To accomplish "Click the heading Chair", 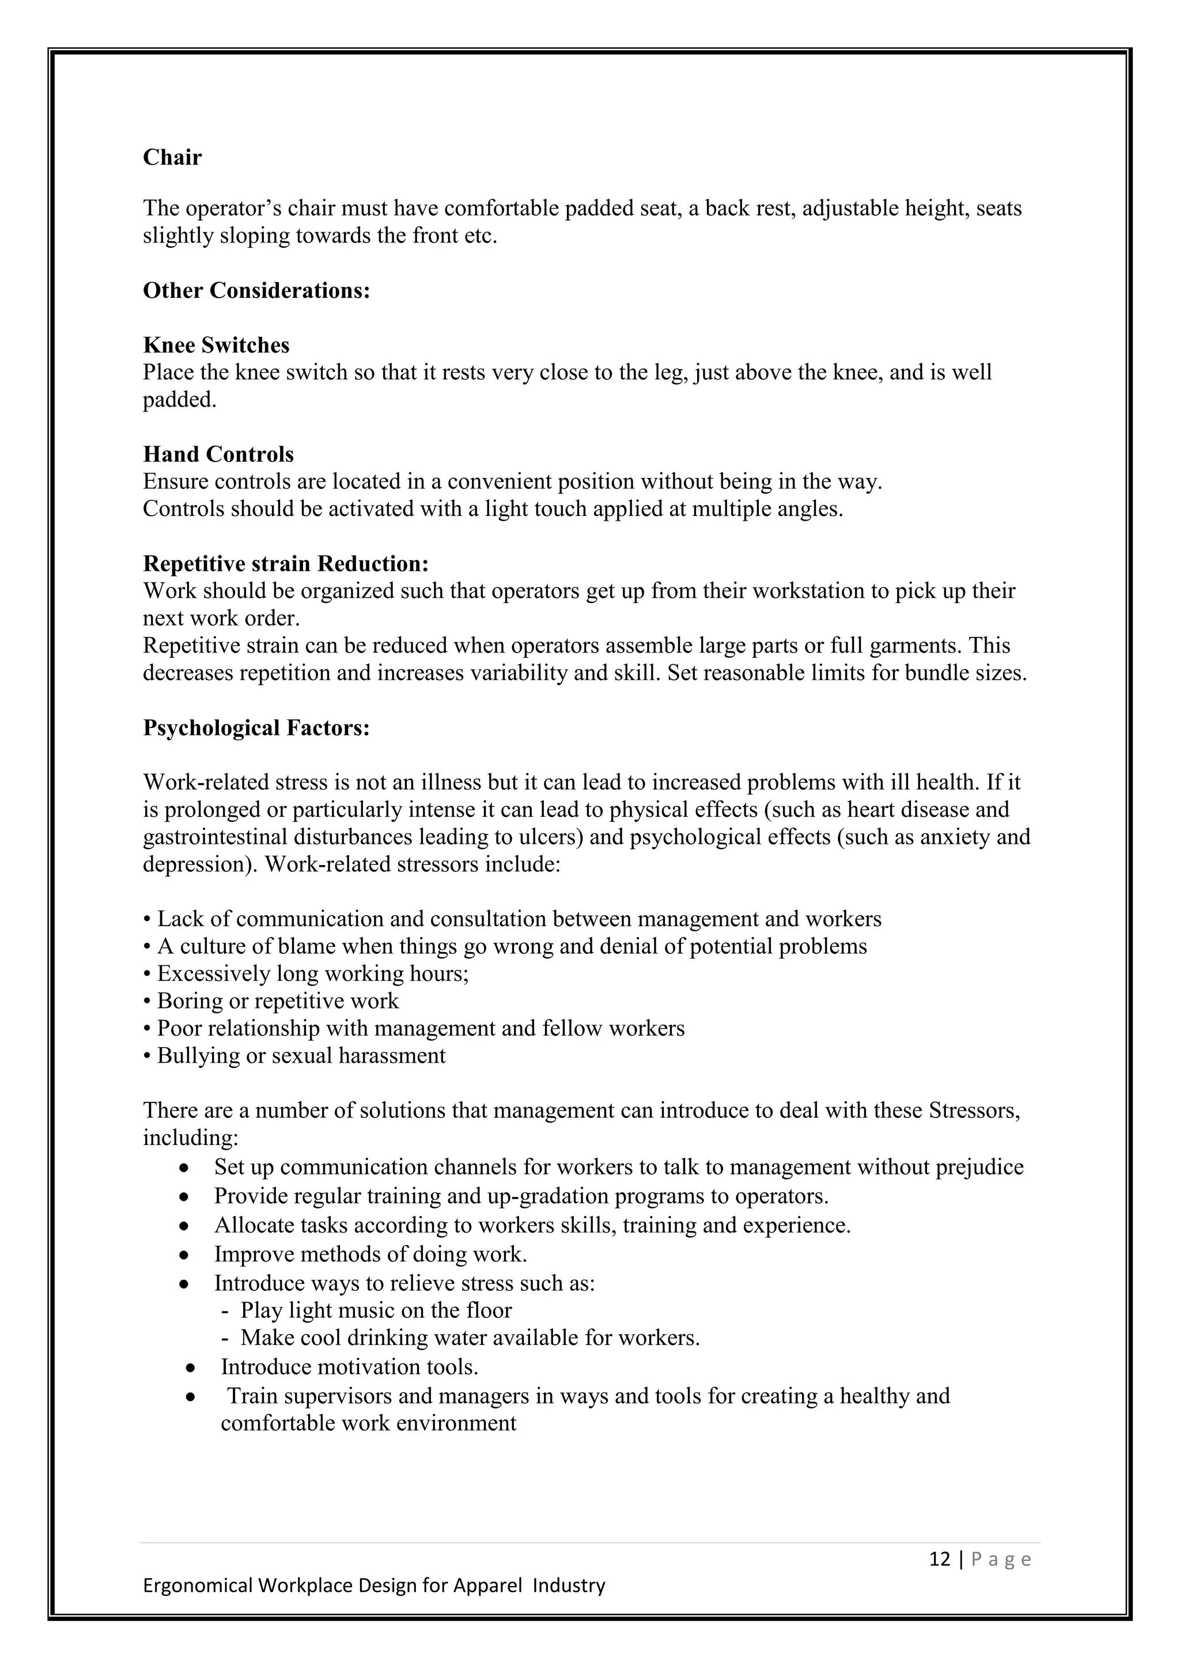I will [172, 158].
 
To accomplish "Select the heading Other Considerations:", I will [256, 291].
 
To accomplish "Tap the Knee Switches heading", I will [216, 345].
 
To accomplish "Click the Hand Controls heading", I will [218, 455].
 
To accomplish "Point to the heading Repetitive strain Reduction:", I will [286, 564].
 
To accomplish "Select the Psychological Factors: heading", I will [256, 728].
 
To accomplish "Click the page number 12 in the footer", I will [940, 1560].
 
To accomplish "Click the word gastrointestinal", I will [215, 837].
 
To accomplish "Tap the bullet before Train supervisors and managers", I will [191, 1397].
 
